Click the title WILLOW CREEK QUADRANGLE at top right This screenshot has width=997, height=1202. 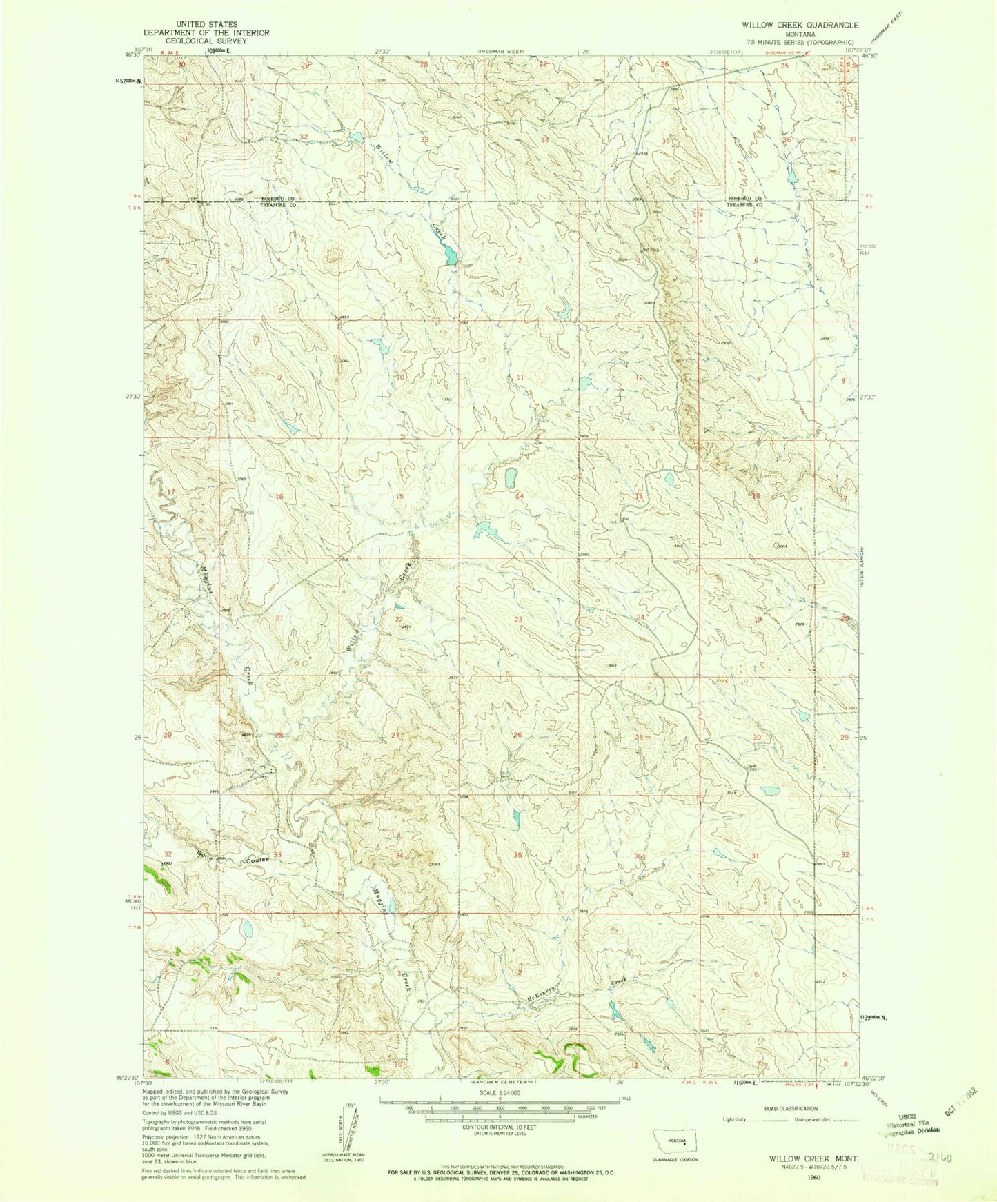pos(790,24)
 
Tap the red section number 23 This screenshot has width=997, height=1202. pos(518,619)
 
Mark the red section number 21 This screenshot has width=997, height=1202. pos(279,618)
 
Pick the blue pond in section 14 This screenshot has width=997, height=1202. pos(511,478)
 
